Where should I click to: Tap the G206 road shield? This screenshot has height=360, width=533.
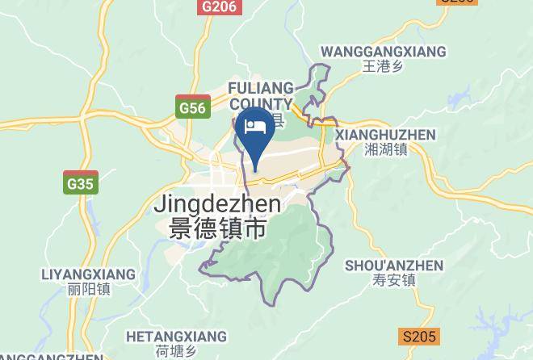click(219, 6)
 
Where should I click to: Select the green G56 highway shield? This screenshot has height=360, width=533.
click(192, 107)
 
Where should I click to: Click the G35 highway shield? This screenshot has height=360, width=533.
click(81, 183)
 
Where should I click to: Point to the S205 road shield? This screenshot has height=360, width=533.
click(419, 336)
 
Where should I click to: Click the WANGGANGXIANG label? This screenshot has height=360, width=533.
click(383, 52)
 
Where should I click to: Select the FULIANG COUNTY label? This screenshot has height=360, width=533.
click(260, 95)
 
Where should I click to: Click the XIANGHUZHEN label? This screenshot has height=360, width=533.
click(385, 134)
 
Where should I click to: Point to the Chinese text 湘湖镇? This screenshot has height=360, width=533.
click(385, 149)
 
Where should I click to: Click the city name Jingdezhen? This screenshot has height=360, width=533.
click(216, 205)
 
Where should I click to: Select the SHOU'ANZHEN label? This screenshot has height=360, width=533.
click(394, 266)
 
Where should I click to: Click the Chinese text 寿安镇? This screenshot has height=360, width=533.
click(394, 281)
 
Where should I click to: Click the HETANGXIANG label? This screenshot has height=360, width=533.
click(176, 336)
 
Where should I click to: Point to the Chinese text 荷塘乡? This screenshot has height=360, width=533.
click(176, 351)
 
